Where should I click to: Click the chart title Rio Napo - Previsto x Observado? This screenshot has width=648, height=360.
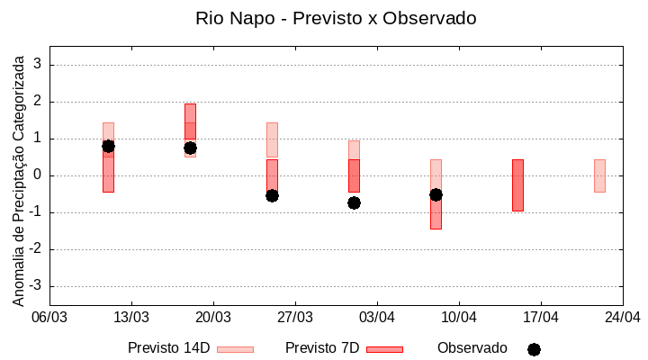click(x=336, y=18)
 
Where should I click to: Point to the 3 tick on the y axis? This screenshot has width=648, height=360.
click(x=38, y=65)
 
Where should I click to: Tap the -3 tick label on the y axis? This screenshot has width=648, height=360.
click(x=35, y=286)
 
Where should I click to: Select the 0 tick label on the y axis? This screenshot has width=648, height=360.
click(x=38, y=175)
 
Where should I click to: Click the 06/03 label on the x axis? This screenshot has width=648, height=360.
click(x=49, y=317)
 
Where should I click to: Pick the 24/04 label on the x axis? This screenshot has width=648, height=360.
click(x=622, y=317)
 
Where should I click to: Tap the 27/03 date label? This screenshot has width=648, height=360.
click(x=295, y=317)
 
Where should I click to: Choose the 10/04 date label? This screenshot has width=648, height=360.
click(x=459, y=317)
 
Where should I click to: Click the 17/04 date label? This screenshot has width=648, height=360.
click(x=541, y=317)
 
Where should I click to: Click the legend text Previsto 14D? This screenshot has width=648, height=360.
click(x=168, y=348)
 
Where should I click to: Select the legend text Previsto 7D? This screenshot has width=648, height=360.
click(x=322, y=348)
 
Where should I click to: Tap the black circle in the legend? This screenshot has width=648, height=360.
click(x=534, y=349)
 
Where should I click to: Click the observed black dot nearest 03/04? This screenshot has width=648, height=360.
click(x=354, y=202)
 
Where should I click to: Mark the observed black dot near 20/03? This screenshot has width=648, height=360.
click(x=190, y=148)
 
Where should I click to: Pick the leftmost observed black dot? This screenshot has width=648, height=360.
click(x=108, y=146)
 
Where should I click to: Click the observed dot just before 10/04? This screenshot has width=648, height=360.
click(x=436, y=194)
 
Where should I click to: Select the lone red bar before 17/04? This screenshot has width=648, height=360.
click(x=517, y=185)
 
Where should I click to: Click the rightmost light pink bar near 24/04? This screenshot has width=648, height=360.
click(x=599, y=175)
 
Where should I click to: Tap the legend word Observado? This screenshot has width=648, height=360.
click(x=472, y=348)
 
